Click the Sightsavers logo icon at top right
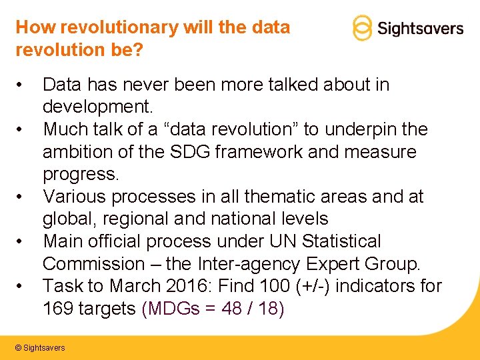[361, 28]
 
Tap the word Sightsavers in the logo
[420, 29]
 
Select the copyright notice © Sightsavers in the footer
[40, 348]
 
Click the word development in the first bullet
[96, 107]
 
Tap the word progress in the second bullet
[78, 175]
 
